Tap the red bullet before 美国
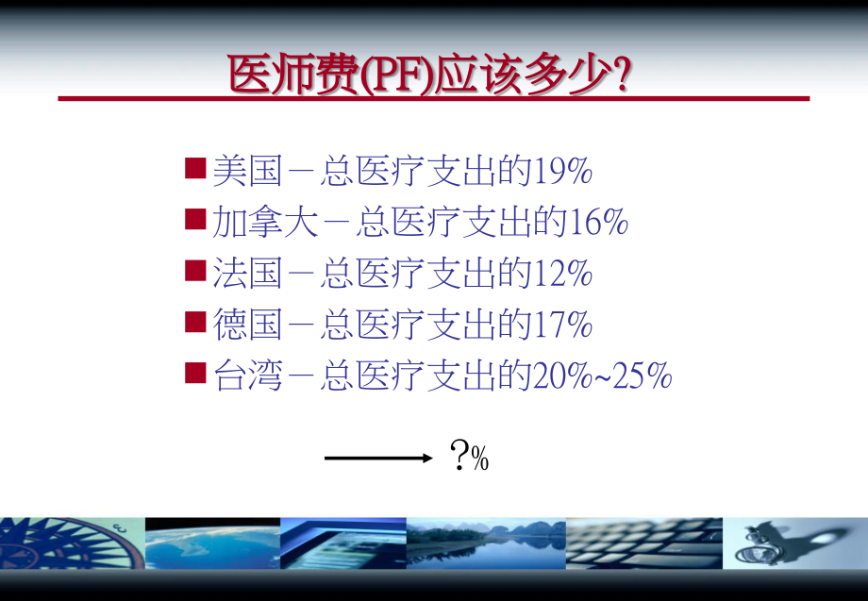(x=195, y=170)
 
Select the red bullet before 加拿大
(x=195, y=221)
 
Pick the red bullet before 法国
(x=195, y=273)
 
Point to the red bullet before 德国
(x=195, y=324)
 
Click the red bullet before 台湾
(x=195, y=375)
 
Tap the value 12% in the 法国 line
(x=562, y=274)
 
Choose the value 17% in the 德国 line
(x=562, y=326)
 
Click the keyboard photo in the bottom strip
(x=644, y=543)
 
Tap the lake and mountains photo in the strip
(x=486, y=543)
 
